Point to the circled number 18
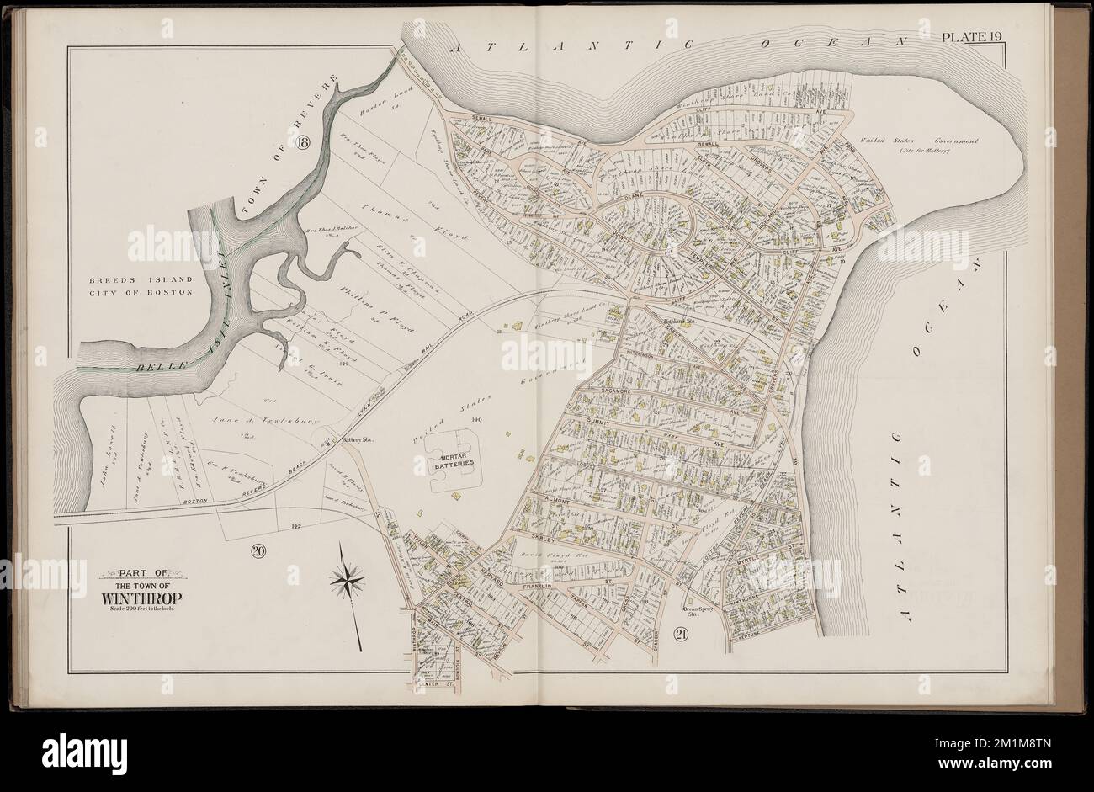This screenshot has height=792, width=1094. [x=304, y=144]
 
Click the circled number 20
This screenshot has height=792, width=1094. [x=258, y=551]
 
